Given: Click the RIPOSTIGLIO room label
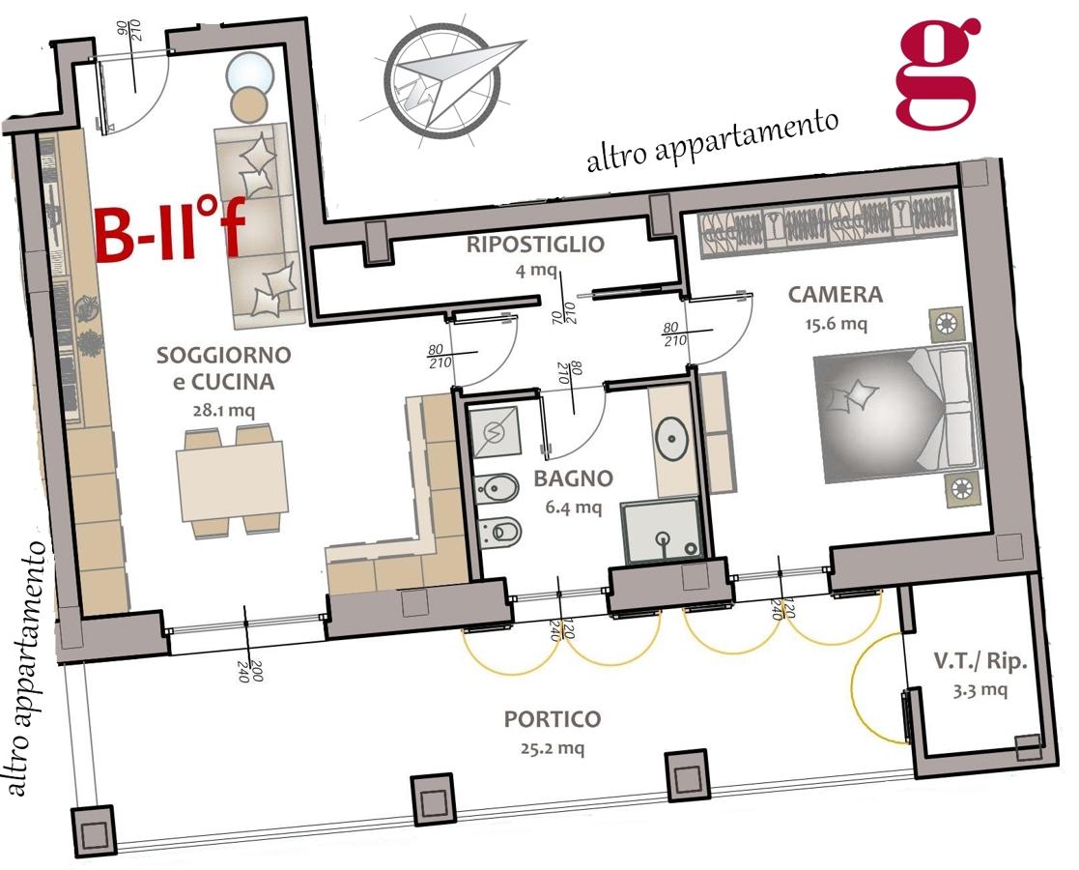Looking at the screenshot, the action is (x=535, y=245).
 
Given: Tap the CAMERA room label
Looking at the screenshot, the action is (x=835, y=295).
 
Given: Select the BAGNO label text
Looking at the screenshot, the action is (x=573, y=478).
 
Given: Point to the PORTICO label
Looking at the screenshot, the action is (x=553, y=719).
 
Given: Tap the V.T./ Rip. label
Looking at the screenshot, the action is (x=980, y=661).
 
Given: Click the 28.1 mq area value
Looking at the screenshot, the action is (x=224, y=411).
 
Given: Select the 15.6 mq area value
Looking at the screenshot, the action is (x=837, y=323).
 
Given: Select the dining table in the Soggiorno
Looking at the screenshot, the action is (x=232, y=481).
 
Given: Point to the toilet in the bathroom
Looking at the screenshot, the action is (x=498, y=531).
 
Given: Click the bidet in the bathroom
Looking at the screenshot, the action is (x=497, y=489).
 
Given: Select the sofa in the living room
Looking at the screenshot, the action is (x=259, y=225).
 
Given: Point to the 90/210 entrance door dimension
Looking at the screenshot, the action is (x=129, y=29).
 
